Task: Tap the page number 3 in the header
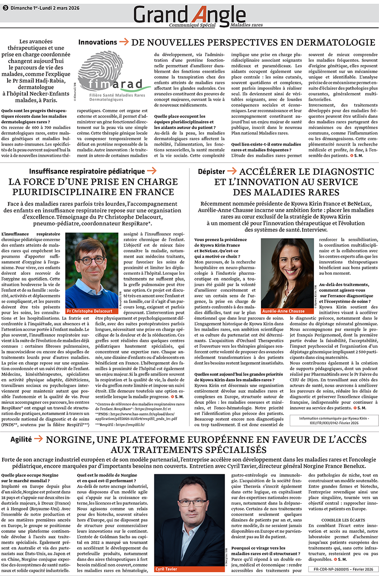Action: (x=5, y=7)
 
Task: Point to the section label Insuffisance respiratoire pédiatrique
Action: (x=87, y=171)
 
